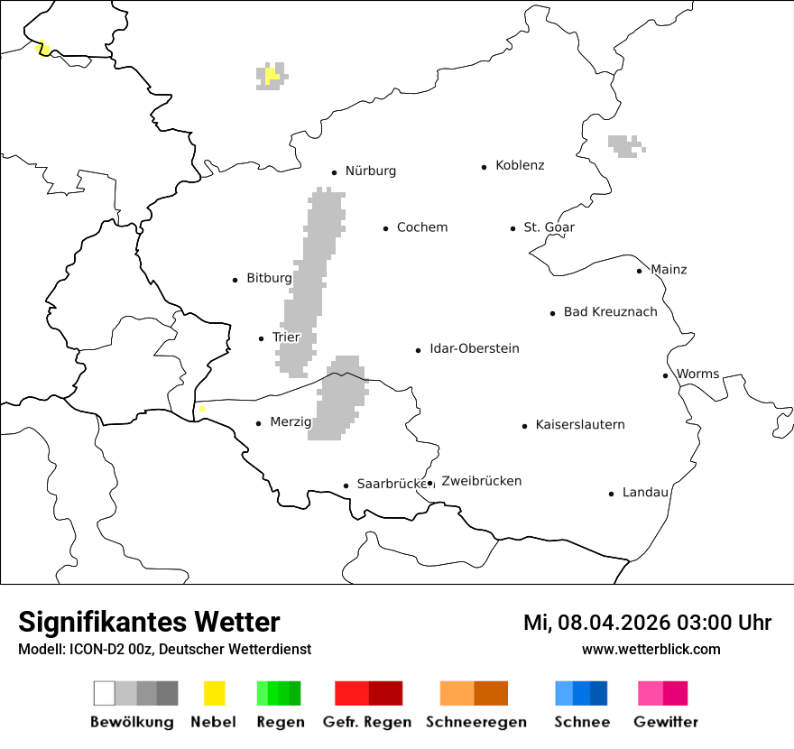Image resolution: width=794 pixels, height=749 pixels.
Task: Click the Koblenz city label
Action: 520,165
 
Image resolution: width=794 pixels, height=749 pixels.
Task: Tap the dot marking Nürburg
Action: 334,172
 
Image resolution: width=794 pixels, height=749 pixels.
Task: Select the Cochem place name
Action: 421,227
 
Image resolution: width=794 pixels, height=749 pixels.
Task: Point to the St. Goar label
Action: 549,227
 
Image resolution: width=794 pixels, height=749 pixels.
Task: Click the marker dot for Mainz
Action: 639,271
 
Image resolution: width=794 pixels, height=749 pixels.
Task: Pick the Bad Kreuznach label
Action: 610,312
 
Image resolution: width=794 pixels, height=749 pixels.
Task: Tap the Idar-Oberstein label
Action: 474,348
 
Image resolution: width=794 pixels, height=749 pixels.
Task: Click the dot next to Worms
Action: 665,375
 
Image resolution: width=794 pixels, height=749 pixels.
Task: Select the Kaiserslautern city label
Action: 579,425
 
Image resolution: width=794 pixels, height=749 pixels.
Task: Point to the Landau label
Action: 645,493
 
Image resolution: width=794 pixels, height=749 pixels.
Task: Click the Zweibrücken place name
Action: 481,481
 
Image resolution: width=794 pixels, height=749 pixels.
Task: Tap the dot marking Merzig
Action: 258,423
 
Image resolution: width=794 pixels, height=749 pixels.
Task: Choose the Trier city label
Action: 285,338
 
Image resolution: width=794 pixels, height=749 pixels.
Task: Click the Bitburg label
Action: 269,278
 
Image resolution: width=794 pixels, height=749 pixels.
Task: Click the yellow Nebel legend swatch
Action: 214,693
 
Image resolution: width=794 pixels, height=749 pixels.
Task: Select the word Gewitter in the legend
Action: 666,722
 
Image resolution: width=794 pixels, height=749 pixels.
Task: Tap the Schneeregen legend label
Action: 475,722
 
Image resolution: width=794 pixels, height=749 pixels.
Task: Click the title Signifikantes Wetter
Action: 149,623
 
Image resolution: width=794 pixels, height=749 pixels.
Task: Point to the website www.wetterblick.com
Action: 651,650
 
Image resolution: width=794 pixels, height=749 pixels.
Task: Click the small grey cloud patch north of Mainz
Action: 625,145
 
